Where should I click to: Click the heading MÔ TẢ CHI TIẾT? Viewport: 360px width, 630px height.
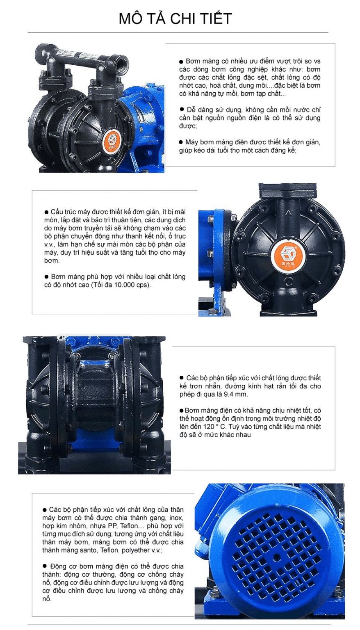[x=175, y=18]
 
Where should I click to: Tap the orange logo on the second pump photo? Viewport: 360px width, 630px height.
[x=285, y=253]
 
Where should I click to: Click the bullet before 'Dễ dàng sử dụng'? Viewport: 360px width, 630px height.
[x=182, y=109]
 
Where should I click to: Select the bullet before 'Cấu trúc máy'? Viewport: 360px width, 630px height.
[x=46, y=212]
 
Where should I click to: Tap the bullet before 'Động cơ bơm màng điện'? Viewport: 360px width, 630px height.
[x=44, y=566]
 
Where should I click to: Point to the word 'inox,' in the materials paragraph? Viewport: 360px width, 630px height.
[x=176, y=518]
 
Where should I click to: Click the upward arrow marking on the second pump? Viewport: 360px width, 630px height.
[x=288, y=213]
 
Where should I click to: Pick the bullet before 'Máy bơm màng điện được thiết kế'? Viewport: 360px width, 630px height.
[x=181, y=142]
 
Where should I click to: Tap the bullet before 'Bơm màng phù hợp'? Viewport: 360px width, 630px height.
[x=46, y=277]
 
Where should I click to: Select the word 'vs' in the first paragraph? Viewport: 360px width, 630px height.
[x=317, y=61]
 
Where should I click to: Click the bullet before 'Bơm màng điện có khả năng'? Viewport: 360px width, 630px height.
[x=182, y=410]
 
